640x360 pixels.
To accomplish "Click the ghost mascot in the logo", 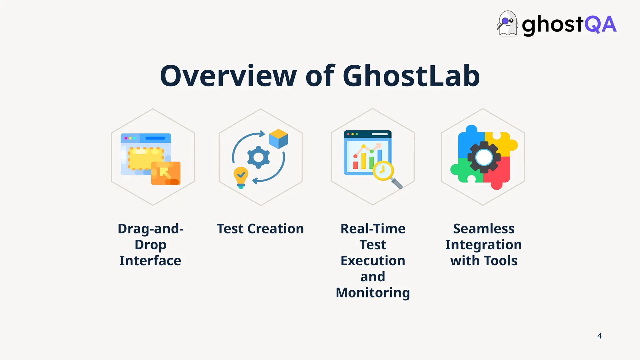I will (x=507, y=24).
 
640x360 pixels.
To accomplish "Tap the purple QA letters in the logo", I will (x=600, y=24).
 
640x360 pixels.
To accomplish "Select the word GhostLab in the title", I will (x=411, y=76).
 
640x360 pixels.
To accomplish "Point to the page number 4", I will (x=599, y=336).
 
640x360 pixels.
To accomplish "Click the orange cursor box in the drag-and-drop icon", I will (x=166, y=173).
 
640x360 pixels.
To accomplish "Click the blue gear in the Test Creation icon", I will (x=258, y=157).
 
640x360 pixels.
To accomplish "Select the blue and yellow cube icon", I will (x=278, y=138).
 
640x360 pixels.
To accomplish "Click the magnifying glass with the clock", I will (x=384, y=171).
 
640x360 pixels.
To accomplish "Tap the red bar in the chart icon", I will (x=355, y=165).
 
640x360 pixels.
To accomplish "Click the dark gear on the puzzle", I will (x=484, y=157).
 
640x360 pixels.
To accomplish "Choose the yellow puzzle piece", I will (x=502, y=142).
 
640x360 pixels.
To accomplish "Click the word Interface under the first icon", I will (x=150, y=261).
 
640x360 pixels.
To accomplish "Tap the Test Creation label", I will (x=260, y=229).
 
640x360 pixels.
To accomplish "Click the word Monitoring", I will (x=373, y=293).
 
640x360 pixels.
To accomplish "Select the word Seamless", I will (x=484, y=229).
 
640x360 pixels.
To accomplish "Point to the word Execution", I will (x=373, y=261).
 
